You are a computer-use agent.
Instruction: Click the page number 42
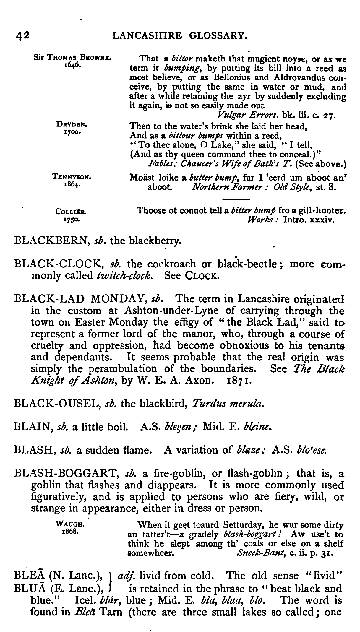click(x=22, y=36)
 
